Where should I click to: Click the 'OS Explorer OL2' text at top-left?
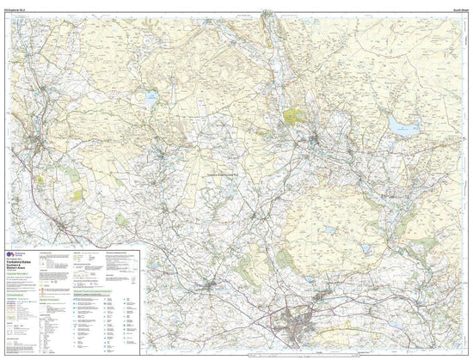point(17,8)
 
